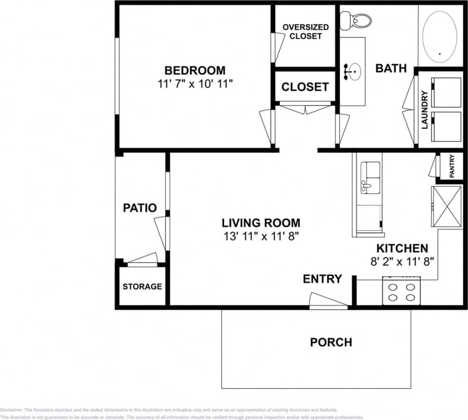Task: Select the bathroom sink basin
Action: tap(353, 72)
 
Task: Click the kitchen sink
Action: tap(370, 178)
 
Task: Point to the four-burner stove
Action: tap(401, 291)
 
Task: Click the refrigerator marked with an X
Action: tap(446, 206)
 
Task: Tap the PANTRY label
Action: tap(452, 166)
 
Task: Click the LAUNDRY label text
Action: tap(425, 109)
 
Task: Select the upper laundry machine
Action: tap(446, 92)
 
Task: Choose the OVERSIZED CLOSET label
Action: tap(305, 31)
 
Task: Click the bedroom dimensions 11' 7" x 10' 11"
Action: tap(195, 83)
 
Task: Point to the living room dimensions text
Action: tap(261, 235)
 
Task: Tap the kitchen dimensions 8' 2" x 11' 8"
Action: tap(402, 262)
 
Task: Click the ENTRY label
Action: tap(322, 279)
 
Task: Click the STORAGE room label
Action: tap(142, 287)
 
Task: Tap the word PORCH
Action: tap(331, 342)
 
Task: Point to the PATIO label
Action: tap(140, 208)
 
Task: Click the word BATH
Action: tap(391, 68)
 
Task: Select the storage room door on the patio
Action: tap(142, 259)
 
